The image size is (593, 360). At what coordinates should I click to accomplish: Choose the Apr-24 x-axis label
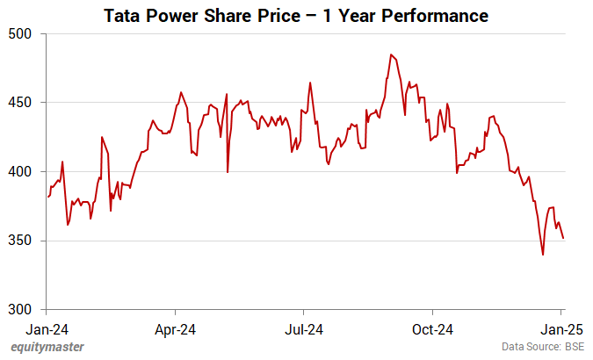(x=176, y=331)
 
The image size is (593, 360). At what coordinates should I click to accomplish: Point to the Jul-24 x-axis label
(x=304, y=331)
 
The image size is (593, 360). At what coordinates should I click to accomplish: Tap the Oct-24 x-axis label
(x=433, y=331)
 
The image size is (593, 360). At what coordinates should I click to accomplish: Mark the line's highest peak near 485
(x=391, y=54)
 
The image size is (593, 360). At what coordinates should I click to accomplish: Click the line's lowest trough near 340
(x=543, y=255)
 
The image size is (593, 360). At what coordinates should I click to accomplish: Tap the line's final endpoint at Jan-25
(x=563, y=238)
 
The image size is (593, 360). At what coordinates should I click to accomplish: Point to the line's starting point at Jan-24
(x=47, y=197)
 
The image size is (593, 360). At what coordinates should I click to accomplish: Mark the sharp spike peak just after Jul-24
(x=310, y=83)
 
